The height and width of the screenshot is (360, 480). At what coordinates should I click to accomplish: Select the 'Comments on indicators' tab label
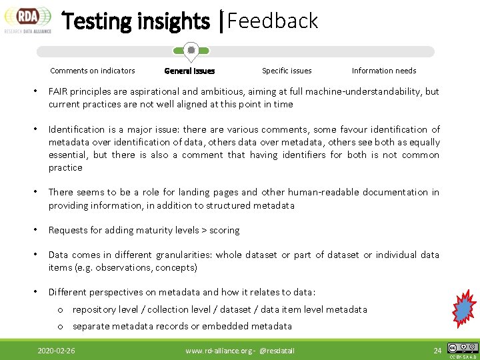(x=93, y=71)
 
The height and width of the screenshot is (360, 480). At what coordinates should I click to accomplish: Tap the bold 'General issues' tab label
(x=189, y=71)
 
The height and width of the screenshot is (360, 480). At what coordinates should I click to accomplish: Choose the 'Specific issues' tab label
(x=287, y=71)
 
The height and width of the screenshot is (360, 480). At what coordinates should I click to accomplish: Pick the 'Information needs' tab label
(x=384, y=71)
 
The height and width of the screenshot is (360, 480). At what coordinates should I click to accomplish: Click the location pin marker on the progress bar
(x=191, y=51)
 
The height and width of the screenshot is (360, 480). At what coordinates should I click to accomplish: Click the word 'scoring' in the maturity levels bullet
(x=224, y=230)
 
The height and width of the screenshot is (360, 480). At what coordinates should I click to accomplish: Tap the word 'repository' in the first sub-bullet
(x=94, y=309)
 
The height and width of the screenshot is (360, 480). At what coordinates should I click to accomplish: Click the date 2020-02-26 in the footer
(x=56, y=351)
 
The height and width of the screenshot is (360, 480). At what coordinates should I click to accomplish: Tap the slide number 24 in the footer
(x=437, y=351)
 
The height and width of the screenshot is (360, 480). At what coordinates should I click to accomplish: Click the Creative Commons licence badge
(x=463, y=349)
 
